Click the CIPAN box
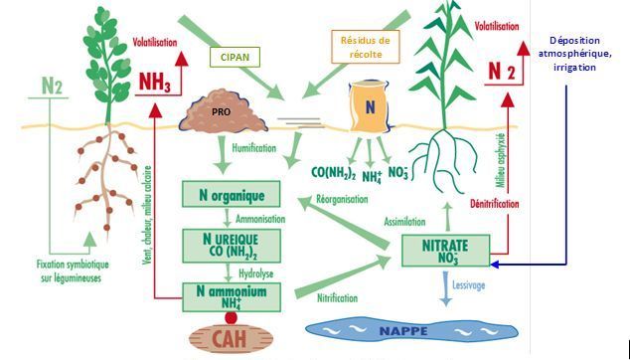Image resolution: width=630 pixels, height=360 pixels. [x=235, y=57]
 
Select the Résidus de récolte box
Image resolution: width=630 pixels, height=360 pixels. [x=366, y=47]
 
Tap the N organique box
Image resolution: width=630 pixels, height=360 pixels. [x=231, y=194]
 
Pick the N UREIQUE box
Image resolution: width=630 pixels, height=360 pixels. [x=232, y=246]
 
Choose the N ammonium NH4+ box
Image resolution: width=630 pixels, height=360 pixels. [x=232, y=297]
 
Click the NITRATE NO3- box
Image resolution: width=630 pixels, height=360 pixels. [x=445, y=251]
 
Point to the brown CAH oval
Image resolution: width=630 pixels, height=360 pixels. [x=231, y=338]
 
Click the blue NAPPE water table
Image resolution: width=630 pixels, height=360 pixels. [x=411, y=330]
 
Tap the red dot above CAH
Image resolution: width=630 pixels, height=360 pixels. [x=231, y=318]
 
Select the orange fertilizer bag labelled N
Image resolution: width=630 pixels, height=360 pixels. [x=370, y=106]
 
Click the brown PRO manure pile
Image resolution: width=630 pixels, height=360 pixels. [x=224, y=113]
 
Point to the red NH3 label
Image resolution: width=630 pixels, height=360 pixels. [x=154, y=82]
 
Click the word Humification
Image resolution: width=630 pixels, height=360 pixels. [x=254, y=148]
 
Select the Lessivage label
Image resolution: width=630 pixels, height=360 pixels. [x=468, y=285]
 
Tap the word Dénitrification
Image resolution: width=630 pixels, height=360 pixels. [x=494, y=204]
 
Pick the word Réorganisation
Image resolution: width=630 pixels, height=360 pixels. [x=342, y=199]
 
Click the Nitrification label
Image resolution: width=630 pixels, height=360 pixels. [x=337, y=298]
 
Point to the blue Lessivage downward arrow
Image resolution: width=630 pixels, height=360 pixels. [x=445, y=288]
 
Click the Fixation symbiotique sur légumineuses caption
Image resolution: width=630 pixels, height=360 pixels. [x=73, y=271]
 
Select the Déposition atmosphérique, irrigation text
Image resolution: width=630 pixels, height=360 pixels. [x=574, y=54]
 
